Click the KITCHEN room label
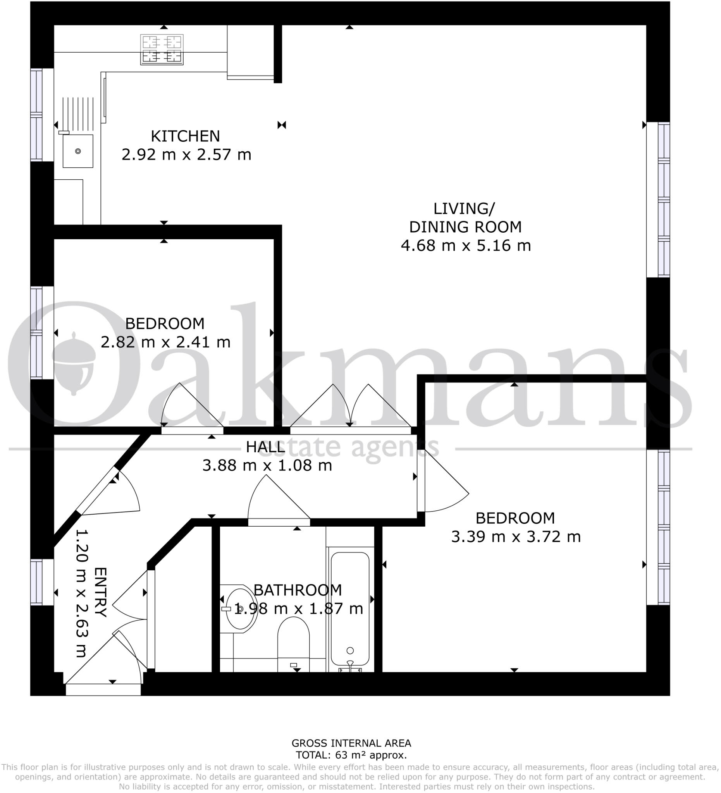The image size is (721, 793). (185, 136)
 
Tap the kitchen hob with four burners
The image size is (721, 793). (162, 50)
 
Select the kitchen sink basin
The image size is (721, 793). (78, 151)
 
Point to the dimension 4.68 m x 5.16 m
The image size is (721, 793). (466, 245)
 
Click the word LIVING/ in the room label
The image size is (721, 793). (464, 208)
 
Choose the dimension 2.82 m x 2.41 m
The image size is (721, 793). (165, 342)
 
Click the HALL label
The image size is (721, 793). (265, 447)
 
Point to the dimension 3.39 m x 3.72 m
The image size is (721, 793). (516, 537)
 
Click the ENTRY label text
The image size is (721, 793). (101, 592)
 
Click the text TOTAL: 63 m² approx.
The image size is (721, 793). (351, 755)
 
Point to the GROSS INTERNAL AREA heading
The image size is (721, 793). (351, 743)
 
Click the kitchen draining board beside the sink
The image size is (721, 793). (78, 114)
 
